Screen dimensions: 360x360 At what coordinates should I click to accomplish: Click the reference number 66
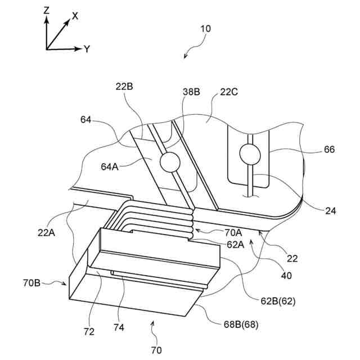tap(329, 150)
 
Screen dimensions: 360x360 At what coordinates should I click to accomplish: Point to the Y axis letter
tap(87, 49)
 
